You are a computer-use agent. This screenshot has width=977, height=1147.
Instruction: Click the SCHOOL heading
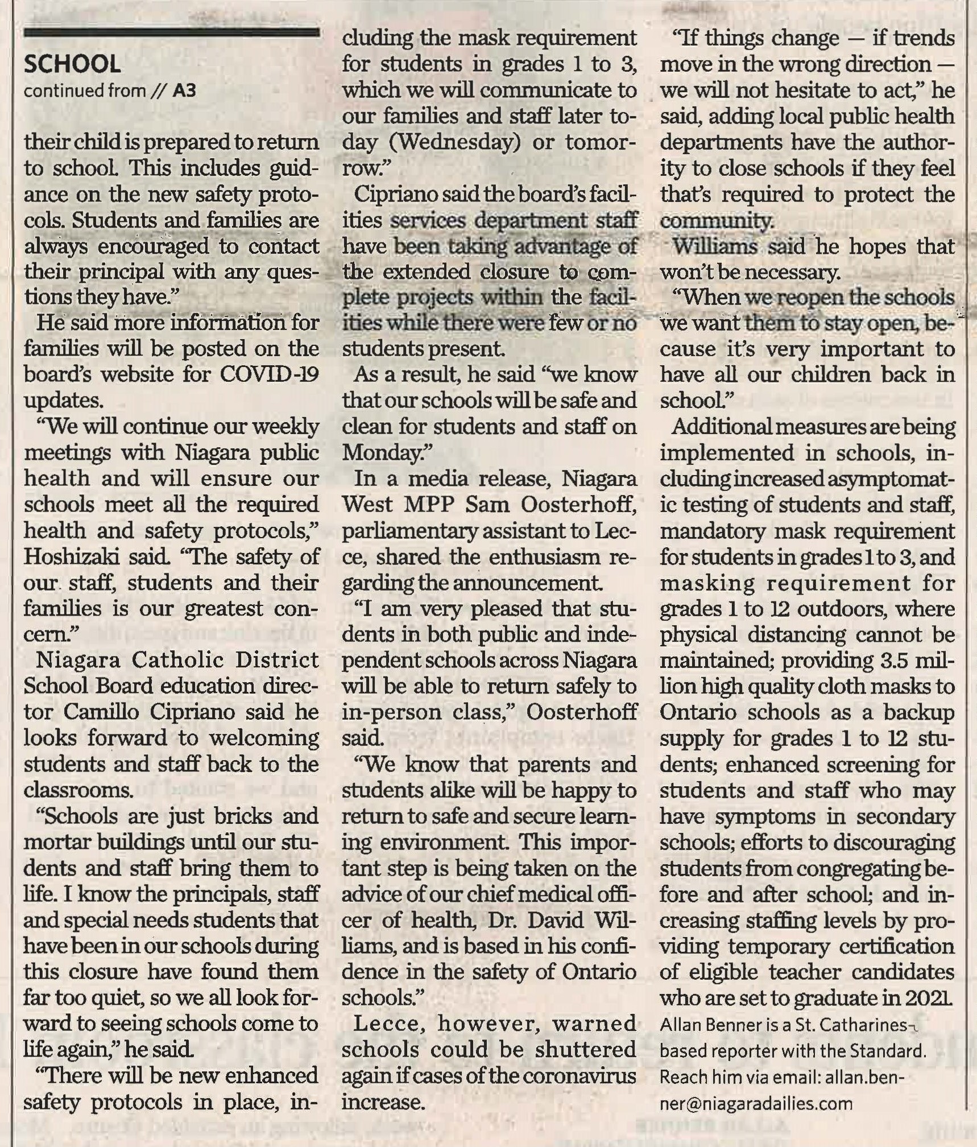tap(72, 64)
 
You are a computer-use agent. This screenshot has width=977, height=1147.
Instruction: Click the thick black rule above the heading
tap(171, 32)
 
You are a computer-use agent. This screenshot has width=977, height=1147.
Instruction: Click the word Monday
tap(384, 453)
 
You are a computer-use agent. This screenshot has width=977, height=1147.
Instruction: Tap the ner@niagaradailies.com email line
tap(756, 1103)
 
